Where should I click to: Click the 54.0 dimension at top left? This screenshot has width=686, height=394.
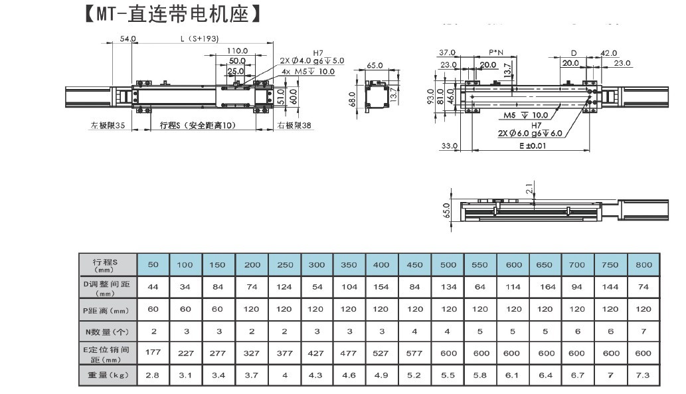click(128, 39)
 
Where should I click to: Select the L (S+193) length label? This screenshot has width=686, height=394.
click(199, 39)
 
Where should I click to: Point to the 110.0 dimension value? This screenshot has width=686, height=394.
click(237, 50)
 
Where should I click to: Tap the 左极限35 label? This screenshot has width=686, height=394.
click(108, 125)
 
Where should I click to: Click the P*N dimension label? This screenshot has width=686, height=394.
click(496, 52)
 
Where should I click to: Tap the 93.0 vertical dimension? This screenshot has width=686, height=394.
click(430, 96)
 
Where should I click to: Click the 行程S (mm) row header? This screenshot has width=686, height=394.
click(108, 264)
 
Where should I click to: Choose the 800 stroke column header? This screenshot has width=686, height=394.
click(643, 264)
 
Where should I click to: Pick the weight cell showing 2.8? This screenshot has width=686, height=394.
click(153, 375)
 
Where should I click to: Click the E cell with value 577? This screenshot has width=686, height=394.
click(414, 353)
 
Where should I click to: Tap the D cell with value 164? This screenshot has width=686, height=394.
click(544, 286)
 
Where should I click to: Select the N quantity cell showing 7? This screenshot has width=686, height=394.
click(643, 331)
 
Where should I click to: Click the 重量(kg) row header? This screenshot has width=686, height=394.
click(108, 375)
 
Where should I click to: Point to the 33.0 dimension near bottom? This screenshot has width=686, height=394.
click(450, 146)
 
